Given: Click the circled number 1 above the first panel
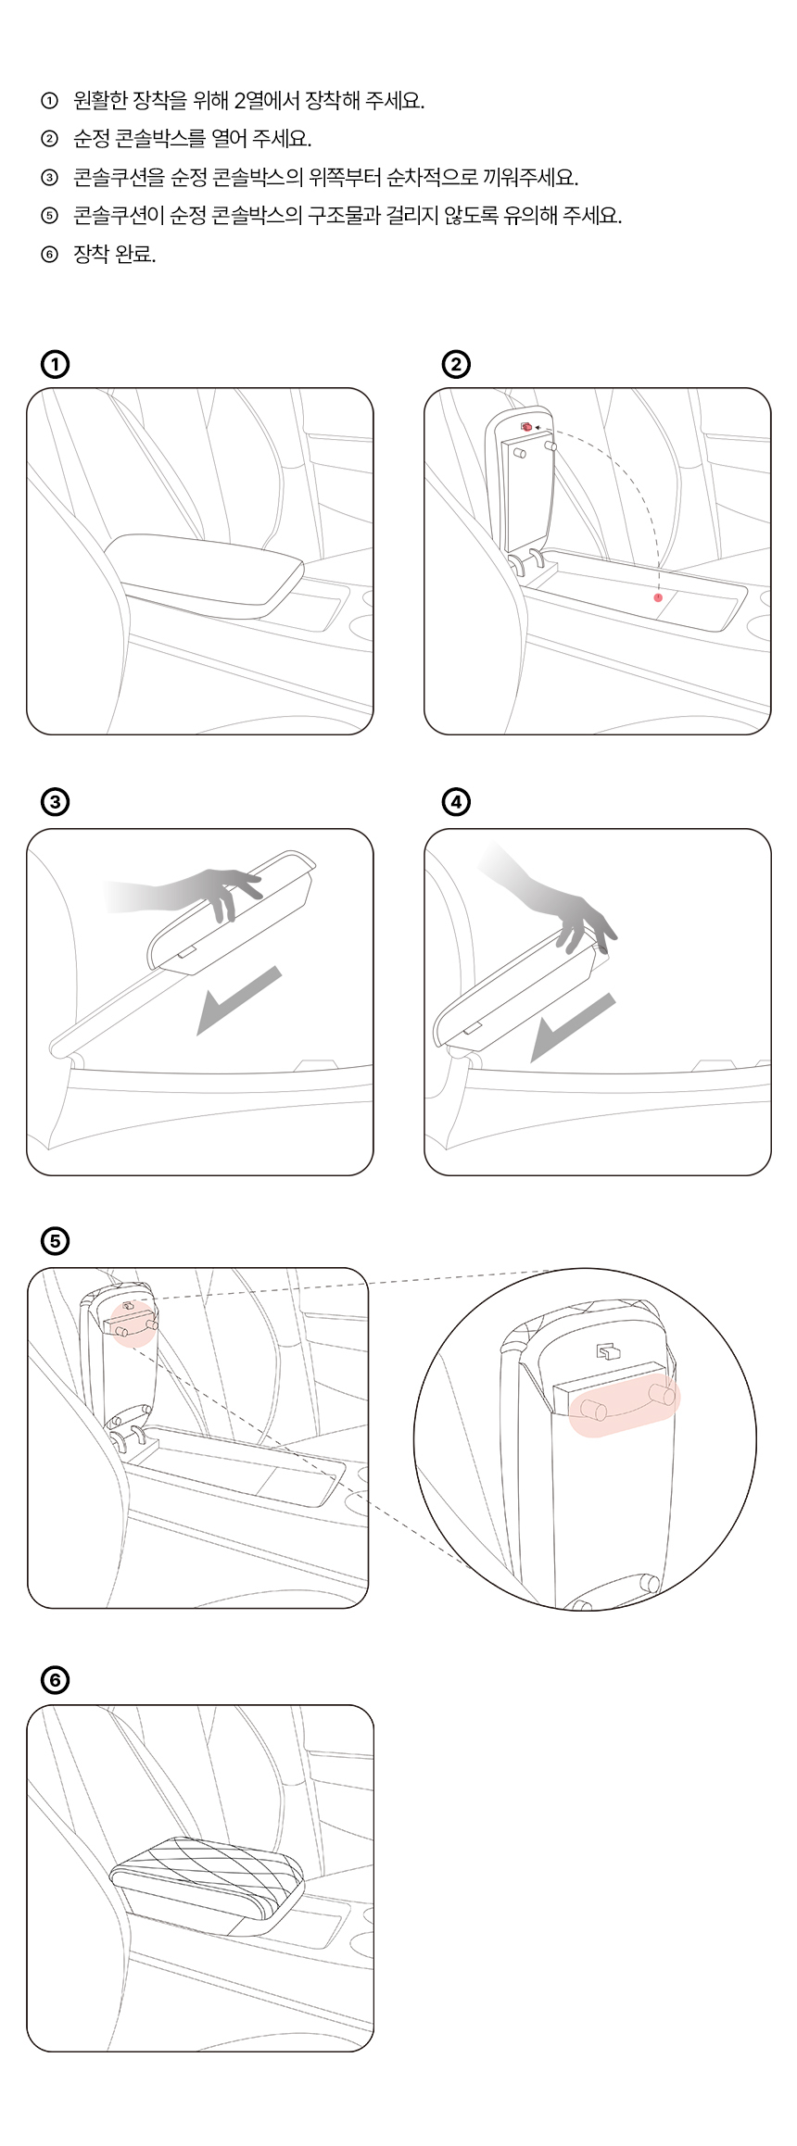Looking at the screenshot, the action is (56, 365).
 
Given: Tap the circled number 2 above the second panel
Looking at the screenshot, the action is (456, 365).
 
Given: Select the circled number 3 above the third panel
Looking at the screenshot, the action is (56, 802).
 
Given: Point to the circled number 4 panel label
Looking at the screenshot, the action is (456, 802).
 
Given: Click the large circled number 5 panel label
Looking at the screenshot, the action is (56, 1241).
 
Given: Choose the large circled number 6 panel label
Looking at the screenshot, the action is (56, 1680).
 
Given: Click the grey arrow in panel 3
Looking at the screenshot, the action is (239, 1001).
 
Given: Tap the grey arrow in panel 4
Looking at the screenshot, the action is (572, 1028).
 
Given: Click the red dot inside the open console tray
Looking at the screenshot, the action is (658, 597).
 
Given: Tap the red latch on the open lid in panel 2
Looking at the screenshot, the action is (527, 427).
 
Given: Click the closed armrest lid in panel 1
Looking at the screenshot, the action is (204, 574).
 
